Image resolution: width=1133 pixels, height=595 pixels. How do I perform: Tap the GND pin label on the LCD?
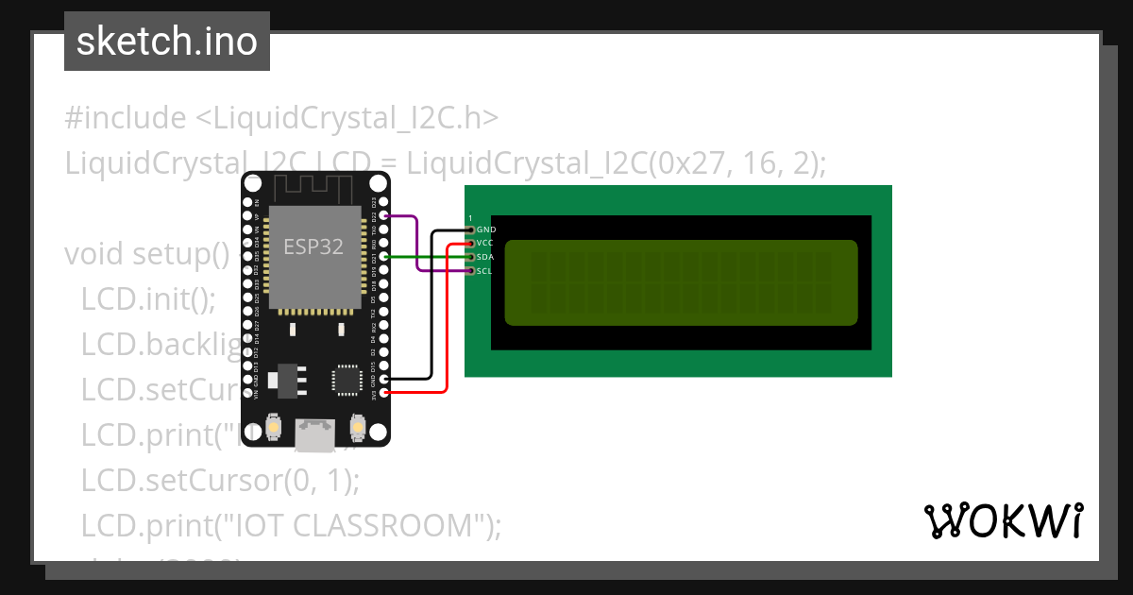[x=486, y=229]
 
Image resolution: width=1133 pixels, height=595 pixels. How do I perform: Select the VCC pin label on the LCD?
[x=486, y=243]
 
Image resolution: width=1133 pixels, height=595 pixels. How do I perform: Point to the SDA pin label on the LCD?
[x=485, y=257]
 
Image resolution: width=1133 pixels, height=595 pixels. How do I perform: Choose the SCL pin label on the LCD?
[x=484, y=271]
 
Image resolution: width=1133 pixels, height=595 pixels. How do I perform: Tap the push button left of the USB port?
[x=273, y=429]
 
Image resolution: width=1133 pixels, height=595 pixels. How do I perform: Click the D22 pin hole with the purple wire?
[x=383, y=215]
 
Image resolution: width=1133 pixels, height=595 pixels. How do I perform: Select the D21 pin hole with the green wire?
[x=383, y=257]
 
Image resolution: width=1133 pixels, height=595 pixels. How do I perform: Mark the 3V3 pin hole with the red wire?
[x=383, y=392]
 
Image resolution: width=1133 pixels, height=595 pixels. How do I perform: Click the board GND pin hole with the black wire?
[x=383, y=378]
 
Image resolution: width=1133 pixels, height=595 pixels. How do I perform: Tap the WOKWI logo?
[x=1003, y=520]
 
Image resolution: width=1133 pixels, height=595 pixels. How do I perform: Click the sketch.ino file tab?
[x=167, y=42]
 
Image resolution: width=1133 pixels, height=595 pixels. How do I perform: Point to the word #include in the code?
[x=126, y=118]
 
